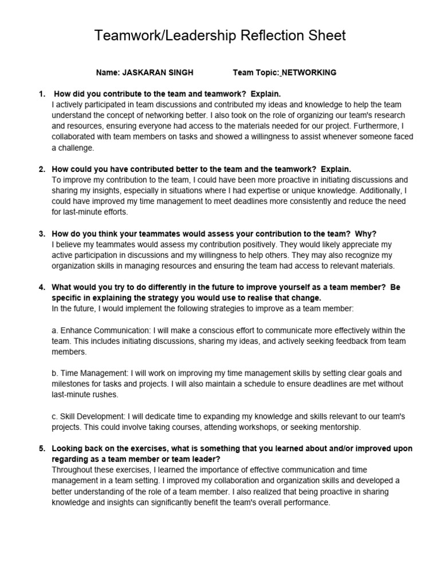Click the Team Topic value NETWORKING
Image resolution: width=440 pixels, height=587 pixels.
[x=309, y=73]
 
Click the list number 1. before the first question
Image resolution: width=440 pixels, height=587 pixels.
[x=41, y=93]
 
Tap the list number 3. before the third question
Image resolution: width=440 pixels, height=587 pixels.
[x=41, y=234]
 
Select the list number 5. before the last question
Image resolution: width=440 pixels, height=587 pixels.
[x=41, y=448]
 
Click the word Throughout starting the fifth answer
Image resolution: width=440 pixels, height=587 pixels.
[x=73, y=470]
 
